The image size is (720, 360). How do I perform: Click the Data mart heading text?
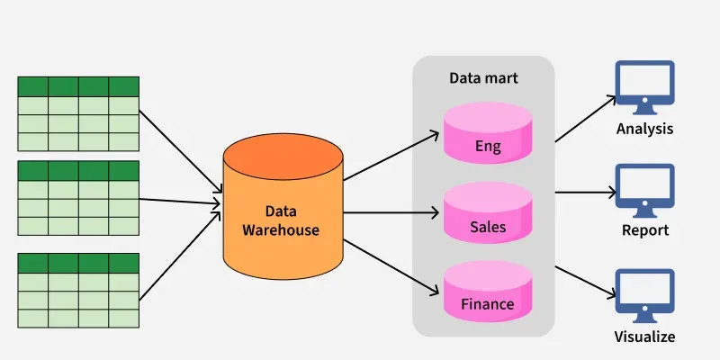[x=483, y=78]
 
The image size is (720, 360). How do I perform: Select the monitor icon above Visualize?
[x=643, y=294]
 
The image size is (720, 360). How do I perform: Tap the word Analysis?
[x=644, y=129]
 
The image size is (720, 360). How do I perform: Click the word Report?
[x=644, y=230]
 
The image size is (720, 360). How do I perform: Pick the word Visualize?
[x=644, y=337]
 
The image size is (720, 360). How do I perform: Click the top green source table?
[x=78, y=113]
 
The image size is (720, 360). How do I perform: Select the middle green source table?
[x=78, y=198]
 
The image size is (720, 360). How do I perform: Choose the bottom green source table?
[x=78, y=291]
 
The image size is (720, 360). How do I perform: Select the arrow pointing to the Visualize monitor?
[x=583, y=282]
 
